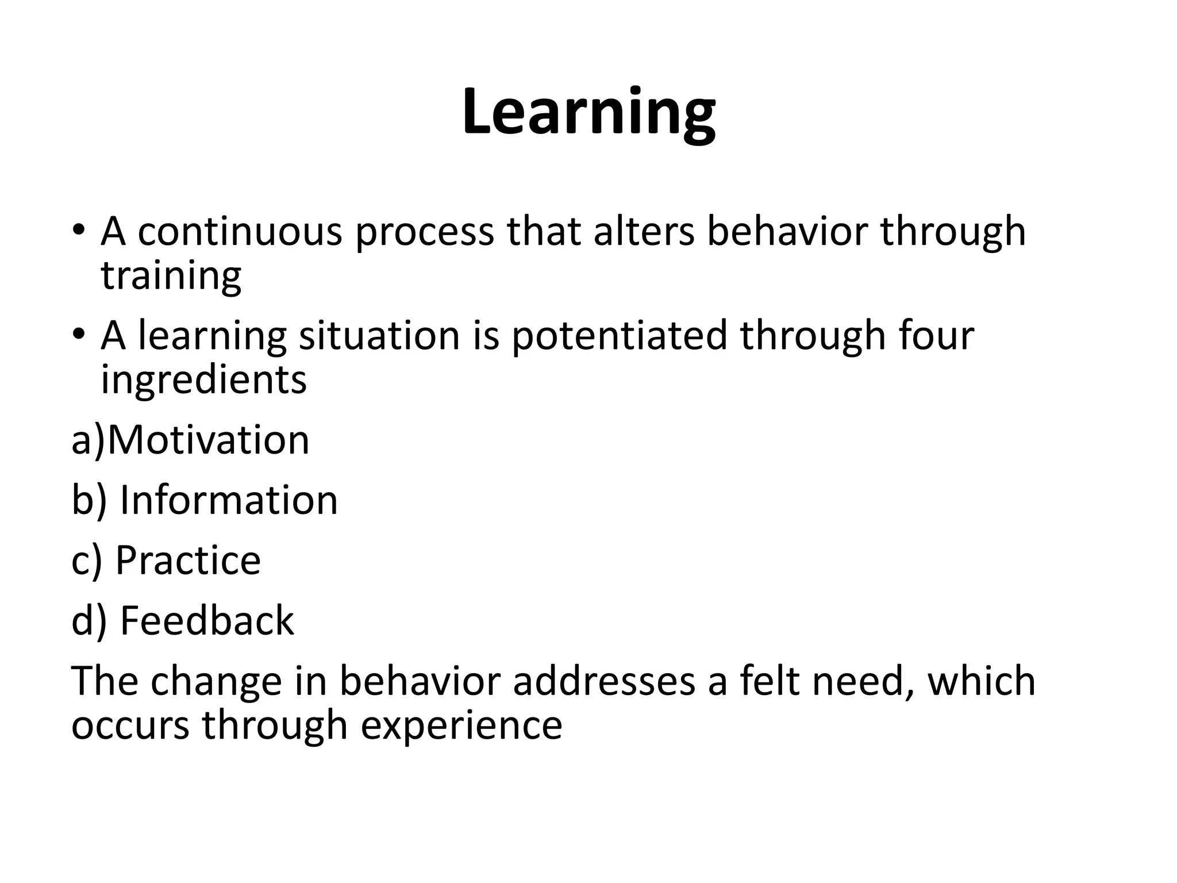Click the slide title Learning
pos(588,112)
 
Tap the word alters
pos(644,232)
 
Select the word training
pos(171,277)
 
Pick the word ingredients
pos(203,380)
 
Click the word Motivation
pos(208,440)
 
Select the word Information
pos(229,500)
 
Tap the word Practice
pos(188,560)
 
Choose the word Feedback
pos(207,621)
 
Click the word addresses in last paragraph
pos(604,681)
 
